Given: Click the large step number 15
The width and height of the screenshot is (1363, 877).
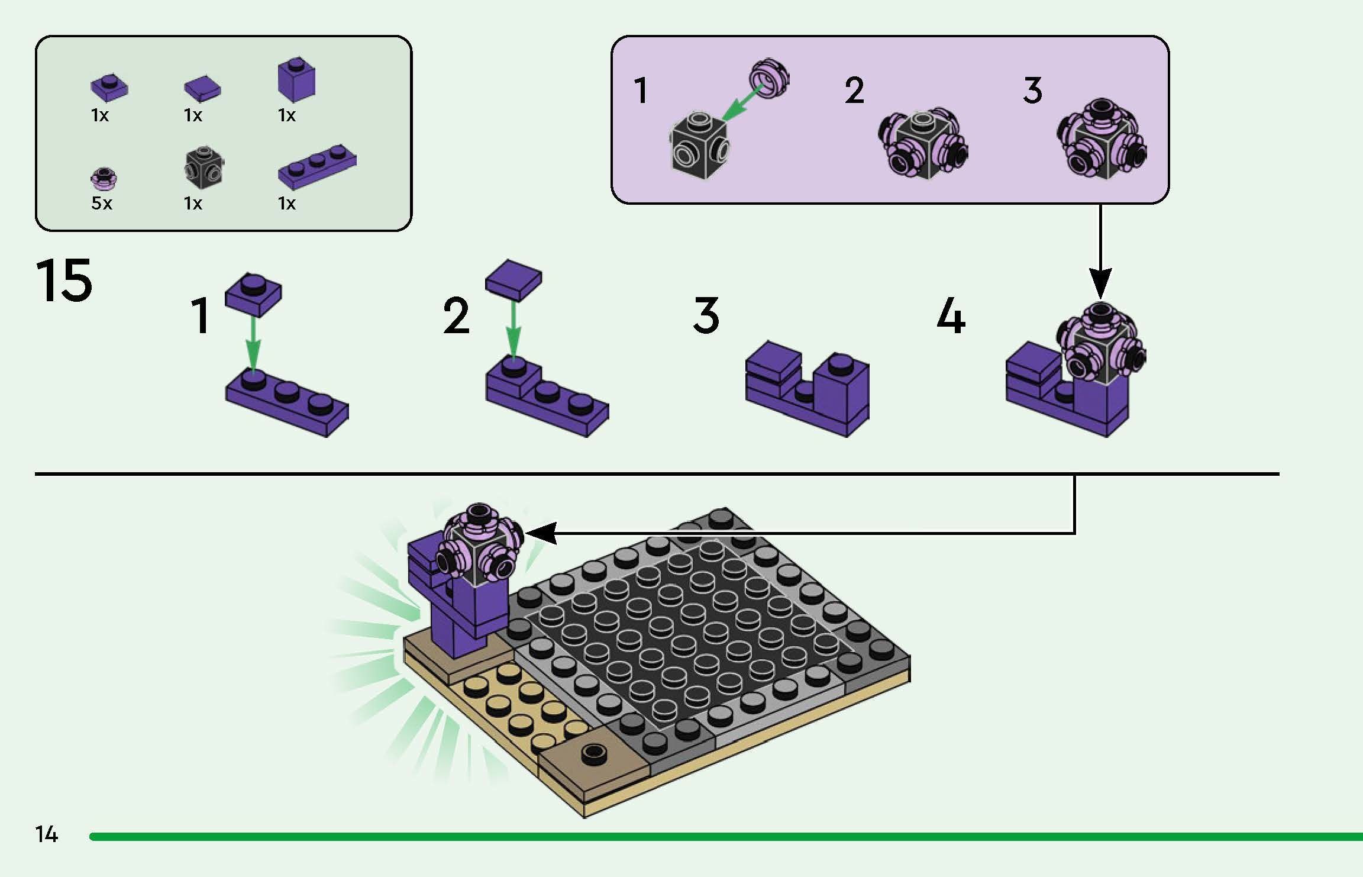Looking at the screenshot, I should (x=64, y=280).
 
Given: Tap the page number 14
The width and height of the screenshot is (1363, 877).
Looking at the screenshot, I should (x=46, y=834).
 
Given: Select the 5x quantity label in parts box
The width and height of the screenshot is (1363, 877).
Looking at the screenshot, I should (x=102, y=204).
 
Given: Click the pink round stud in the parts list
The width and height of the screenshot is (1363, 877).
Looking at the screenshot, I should (x=104, y=179).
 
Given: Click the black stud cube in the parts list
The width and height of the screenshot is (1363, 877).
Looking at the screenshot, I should (x=204, y=166).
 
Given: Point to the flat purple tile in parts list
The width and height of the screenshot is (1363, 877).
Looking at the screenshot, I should (x=202, y=89).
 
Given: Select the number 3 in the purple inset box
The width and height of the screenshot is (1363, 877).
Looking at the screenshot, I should (x=1032, y=91).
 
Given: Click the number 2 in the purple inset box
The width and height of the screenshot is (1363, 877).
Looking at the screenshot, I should (x=854, y=91).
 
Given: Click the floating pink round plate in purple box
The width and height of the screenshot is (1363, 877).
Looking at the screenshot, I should (x=769, y=78).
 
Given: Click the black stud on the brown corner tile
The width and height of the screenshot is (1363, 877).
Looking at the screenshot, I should (x=592, y=753).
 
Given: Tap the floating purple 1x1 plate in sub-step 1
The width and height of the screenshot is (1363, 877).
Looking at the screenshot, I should (x=253, y=294).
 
